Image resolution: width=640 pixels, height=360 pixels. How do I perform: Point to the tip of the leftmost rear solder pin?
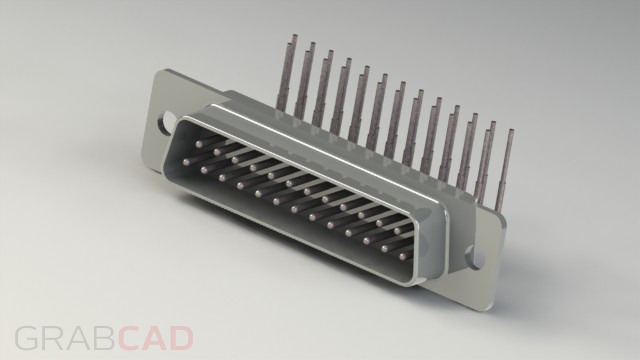click(292, 40)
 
